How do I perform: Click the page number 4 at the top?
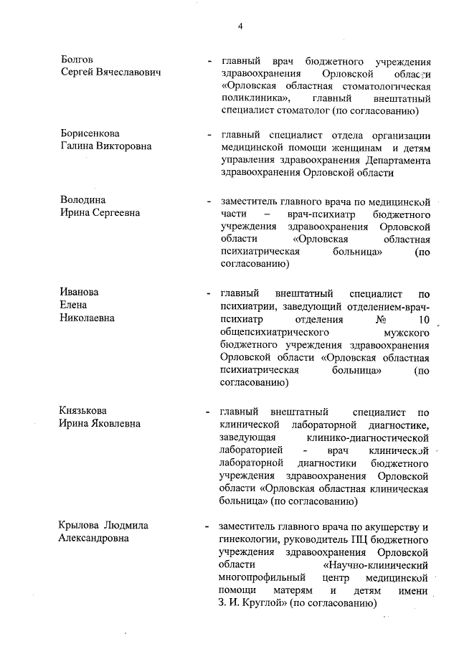click(240, 27)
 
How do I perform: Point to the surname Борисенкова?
click(89, 134)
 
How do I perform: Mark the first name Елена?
click(74, 305)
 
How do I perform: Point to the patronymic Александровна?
click(93, 539)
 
